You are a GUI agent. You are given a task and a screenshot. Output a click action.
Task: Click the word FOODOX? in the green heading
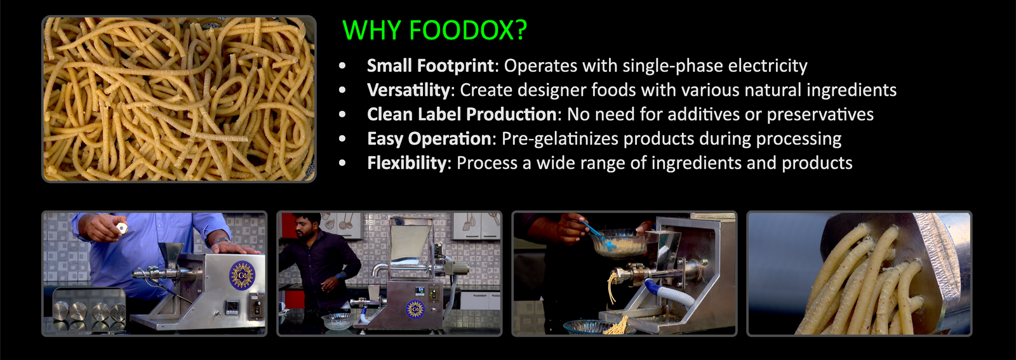pyautogui.click(x=467, y=30)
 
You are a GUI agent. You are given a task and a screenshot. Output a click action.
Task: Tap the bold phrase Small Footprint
pyautogui.click(x=430, y=66)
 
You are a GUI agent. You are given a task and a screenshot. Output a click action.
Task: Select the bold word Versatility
pyautogui.click(x=408, y=90)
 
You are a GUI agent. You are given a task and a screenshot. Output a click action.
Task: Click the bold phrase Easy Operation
pyautogui.click(x=429, y=139)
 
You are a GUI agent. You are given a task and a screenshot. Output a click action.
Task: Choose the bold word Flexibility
pyautogui.click(x=407, y=163)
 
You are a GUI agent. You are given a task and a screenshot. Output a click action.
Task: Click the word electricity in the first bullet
pyautogui.click(x=768, y=66)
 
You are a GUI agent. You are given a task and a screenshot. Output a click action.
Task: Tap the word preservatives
pyautogui.click(x=820, y=115)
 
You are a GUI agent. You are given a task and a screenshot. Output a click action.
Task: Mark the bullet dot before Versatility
pyautogui.click(x=342, y=90)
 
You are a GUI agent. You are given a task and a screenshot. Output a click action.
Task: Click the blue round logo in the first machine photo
pyautogui.click(x=242, y=275)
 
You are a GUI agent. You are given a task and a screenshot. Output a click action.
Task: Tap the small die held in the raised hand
pyautogui.click(x=121, y=227)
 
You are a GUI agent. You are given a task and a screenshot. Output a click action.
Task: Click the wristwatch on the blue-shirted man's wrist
pyautogui.click(x=222, y=240)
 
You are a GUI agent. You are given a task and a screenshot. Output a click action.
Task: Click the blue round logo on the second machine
pyautogui.click(x=415, y=309)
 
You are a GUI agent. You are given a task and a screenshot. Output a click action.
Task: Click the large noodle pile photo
pyautogui.click(x=179, y=99)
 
